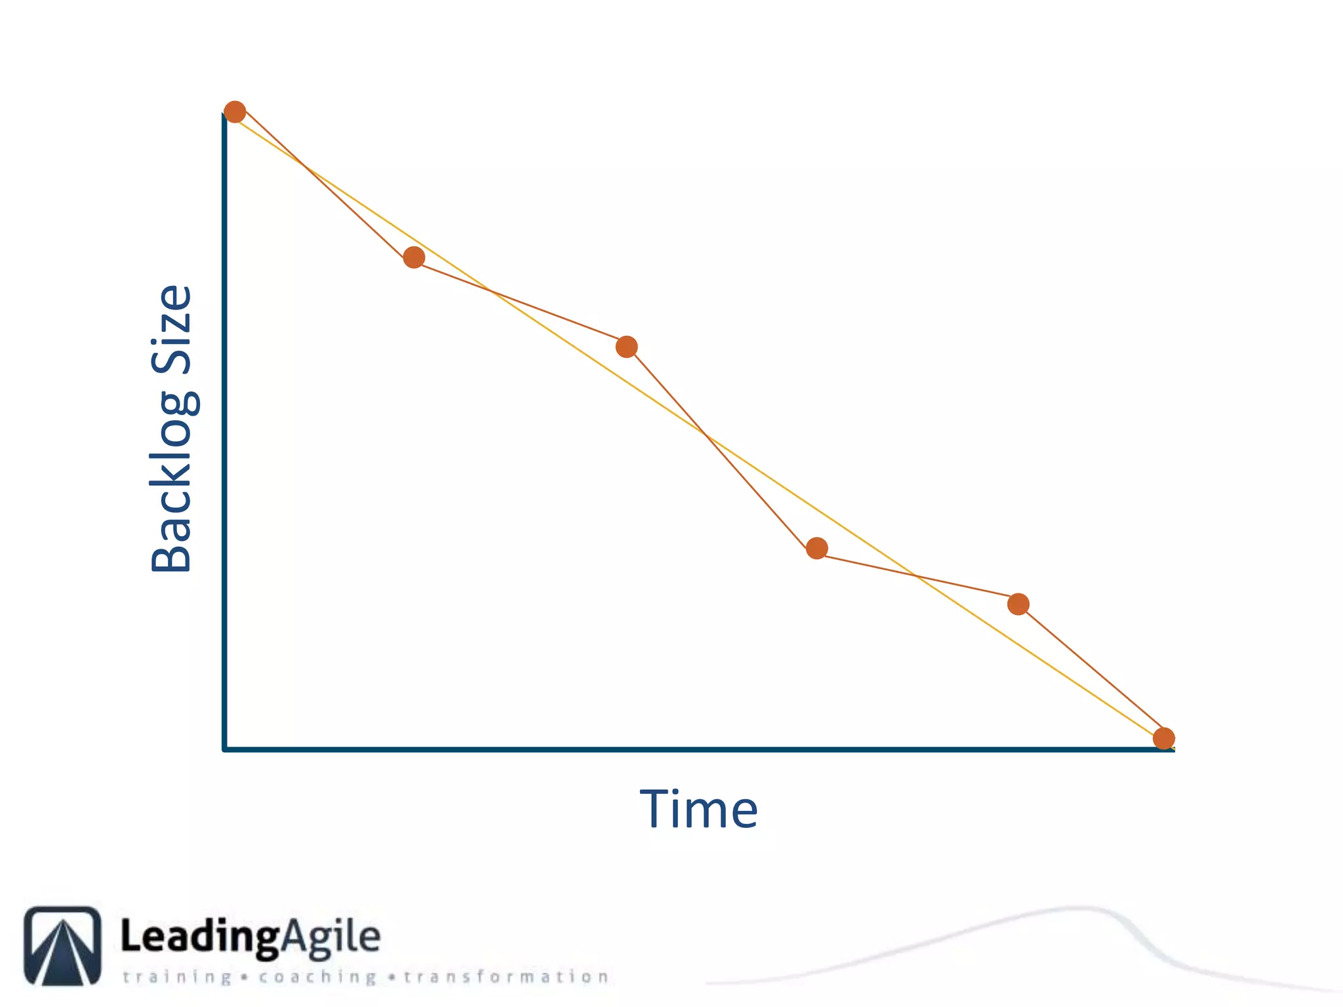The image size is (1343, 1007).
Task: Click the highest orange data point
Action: (x=235, y=112)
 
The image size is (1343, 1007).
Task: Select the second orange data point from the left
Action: (x=414, y=258)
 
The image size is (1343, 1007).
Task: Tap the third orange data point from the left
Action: (x=627, y=347)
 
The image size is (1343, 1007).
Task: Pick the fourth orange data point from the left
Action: (x=816, y=548)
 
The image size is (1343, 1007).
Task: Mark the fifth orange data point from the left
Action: (x=1018, y=604)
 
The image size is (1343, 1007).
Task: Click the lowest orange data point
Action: (x=1163, y=738)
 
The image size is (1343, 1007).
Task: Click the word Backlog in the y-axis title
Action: (x=172, y=482)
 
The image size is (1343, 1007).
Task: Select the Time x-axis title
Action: (x=699, y=810)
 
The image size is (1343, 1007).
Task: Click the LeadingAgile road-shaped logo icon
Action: (x=63, y=945)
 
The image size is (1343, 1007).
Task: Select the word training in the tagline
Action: (x=177, y=977)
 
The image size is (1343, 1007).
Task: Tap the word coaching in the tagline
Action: (x=317, y=977)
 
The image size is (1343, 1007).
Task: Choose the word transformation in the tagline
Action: (x=506, y=977)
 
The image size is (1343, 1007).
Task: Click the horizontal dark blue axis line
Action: (x=656, y=749)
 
